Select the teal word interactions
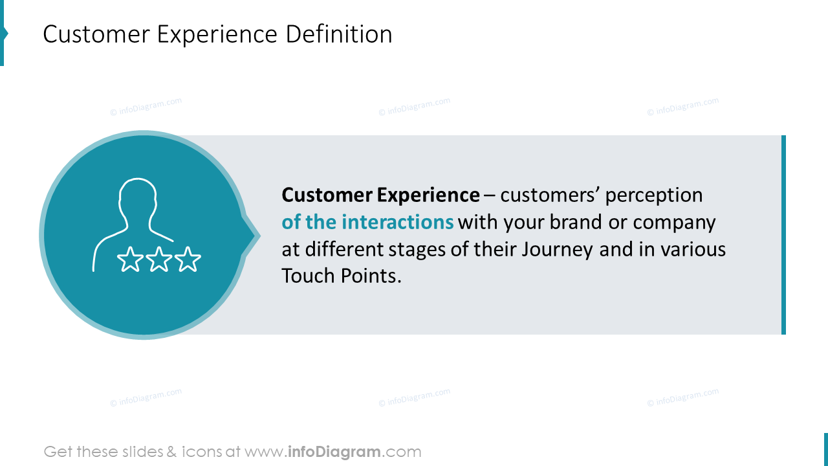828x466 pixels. tap(398, 222)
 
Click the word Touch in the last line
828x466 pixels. tap(307, 276)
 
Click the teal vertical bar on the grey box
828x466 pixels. tap(783, 234)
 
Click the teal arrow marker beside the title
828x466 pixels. tap(3, 34)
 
